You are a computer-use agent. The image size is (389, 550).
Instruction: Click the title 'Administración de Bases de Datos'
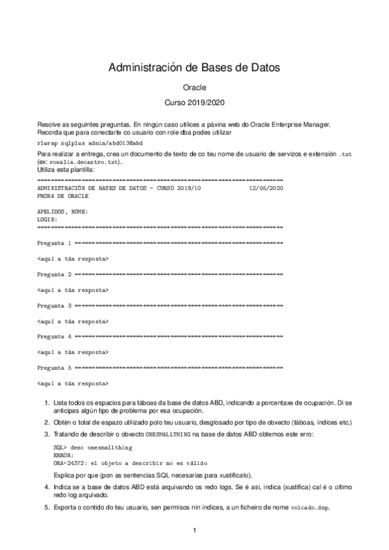[x=194, y=67]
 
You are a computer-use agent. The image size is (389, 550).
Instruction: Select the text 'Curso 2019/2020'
[x=194, y=102]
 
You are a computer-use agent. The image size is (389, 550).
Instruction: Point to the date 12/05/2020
[x=266, y=187]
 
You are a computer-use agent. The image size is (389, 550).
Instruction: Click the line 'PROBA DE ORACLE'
[x=63, y=195]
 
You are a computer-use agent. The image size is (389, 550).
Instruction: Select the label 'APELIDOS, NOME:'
[x=63, y=212]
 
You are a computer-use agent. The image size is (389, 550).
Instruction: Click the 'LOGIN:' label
[x=48, y=220]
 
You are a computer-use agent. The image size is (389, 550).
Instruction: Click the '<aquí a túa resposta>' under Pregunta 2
[x=73, y=290]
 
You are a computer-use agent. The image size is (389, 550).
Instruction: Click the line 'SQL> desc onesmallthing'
[x=89, y=448]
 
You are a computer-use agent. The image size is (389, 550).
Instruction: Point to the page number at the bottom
[x=194, y=531]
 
